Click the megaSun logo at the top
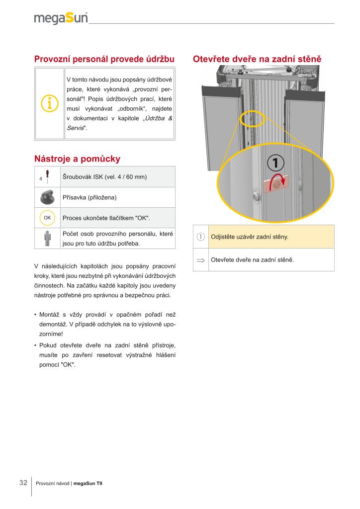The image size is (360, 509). click(x=61, y=18)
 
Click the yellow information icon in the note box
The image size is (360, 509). click(x=49, y=103)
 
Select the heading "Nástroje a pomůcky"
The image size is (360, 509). click(x=77, y=159)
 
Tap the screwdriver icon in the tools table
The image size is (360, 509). click(x=46, y=176)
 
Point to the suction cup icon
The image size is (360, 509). click(x=47, y=197)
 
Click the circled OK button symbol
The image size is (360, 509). click(x=47, y=218)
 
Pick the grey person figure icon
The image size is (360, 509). click(x=47, y=238)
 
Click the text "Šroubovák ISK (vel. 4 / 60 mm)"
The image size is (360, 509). click(x=104, y=177)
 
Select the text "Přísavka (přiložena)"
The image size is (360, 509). click(x=90, y=198)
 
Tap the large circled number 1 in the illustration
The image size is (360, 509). click(x=276, y=163)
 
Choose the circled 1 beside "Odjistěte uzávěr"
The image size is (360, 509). click(x=201, y=237)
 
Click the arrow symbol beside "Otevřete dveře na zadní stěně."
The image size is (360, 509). click(x=201, y=260)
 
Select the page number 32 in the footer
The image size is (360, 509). click(x=23, y=483)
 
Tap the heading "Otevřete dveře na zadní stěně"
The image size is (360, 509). click(x=257, y=59)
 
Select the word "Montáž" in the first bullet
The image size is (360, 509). click(x=50, y=315)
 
